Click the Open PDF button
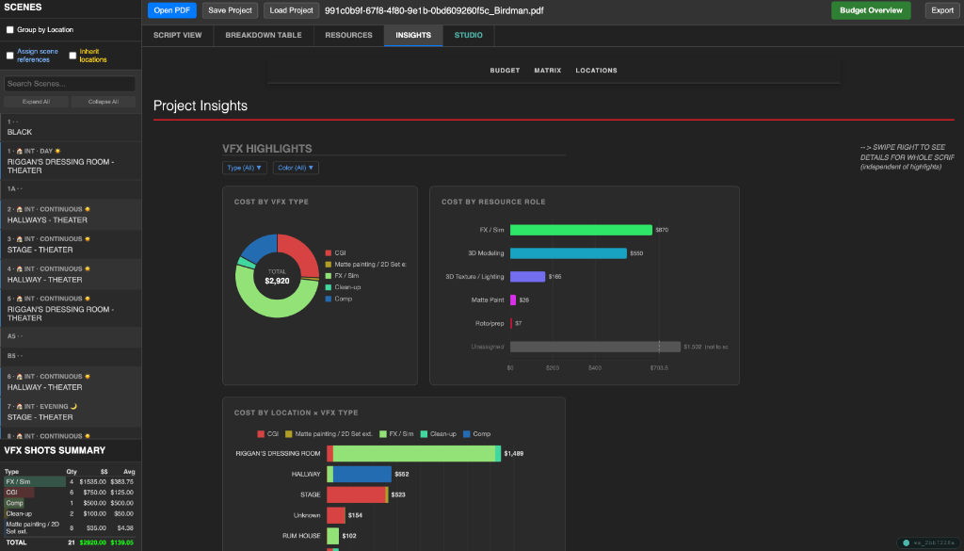click(172, 10)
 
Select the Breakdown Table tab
click(263, 35)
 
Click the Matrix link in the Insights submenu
click(547, 71)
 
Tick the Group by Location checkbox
click(10, 30)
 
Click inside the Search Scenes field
click(70, 84)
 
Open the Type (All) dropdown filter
click(245, 168)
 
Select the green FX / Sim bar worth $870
click(580, 230)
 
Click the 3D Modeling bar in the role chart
click(568, 253)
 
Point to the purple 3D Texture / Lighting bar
click(527, 277)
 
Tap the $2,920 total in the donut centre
click(277, 281)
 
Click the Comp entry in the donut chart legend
click(342, 299)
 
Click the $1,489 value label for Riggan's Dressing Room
click(514, 453)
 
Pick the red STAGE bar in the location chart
click(356, 494)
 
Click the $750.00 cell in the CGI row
click(93, 492)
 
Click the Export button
click(942, 10)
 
